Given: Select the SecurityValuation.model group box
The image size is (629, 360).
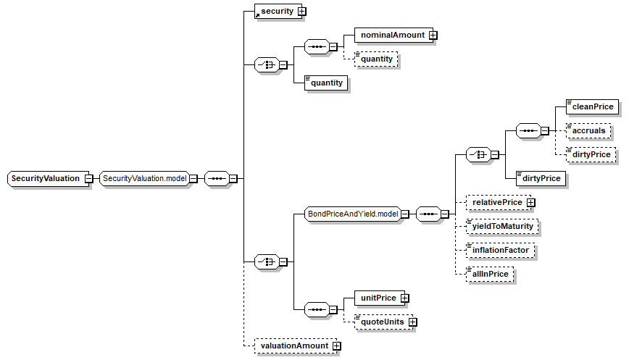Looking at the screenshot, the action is [x=145, y=178].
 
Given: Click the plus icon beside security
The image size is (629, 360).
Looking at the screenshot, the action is [x=302, y=11].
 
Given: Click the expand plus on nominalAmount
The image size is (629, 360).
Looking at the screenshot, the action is [x=433, y=35].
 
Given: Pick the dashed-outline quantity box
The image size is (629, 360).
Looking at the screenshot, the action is [x=376, y=59].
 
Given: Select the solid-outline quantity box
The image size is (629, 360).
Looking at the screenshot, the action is [x=326, y=83].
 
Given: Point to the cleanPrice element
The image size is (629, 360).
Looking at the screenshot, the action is [x=592, y=106].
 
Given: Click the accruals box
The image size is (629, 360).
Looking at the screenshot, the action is [x=588, y=130].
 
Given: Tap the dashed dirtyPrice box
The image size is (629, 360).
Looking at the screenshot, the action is [x=591, y=155].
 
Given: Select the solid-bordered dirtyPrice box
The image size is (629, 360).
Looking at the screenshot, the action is [x=541, y=178].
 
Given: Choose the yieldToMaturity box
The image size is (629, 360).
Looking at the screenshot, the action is [x=502, y=226].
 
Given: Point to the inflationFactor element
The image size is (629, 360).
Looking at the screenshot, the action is [x=500, y=250].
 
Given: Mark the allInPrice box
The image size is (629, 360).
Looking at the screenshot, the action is [x=490, y=275].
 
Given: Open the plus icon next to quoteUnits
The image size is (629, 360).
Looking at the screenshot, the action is [x=413, y=322].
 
